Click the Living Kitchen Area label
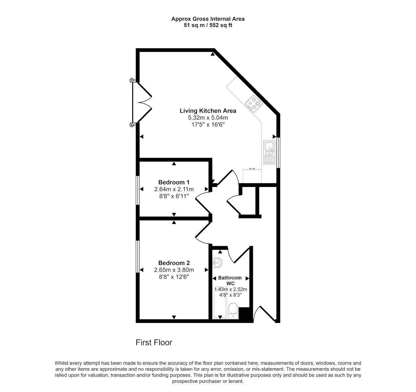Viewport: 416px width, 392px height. coord(208,111)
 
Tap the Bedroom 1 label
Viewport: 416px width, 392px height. coord(174,182)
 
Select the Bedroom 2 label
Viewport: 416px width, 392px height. coord(174,263)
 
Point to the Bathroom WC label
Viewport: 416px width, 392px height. coord(230,281)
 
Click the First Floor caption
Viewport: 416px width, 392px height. coord(154,343)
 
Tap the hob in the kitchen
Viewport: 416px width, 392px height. coord(254,104)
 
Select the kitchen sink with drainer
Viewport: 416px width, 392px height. coord(269,152)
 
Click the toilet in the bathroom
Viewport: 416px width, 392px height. coord(233,311)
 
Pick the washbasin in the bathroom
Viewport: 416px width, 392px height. coord(217,263)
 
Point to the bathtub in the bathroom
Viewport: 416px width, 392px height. coord(220,303)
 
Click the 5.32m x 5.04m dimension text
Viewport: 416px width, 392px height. coord(208,118)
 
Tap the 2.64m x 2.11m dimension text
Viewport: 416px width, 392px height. coord(174,189)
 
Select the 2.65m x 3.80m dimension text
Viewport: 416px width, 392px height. coord(174,270)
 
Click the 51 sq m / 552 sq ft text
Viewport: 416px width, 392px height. coord(208,25)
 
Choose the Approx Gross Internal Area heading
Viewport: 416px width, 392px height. coord(208,19)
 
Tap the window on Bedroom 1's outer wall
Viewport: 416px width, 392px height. coord(138,190)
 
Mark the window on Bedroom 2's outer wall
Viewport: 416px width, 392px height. coord(138,257)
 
